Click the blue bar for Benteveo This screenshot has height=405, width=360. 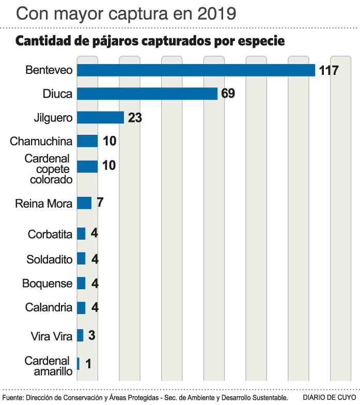pos(196,70)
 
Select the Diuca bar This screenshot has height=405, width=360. pos(147,94)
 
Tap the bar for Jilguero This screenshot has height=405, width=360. pos(100,117)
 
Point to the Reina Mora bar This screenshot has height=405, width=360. pos(84,203)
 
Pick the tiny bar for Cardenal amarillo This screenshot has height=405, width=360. pos(78,364)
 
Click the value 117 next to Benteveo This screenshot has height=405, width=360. pos(328,71)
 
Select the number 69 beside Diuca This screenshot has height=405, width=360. pos(228,94)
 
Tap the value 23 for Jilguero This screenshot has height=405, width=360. pos(135,118)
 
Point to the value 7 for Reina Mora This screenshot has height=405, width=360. pos(100,202)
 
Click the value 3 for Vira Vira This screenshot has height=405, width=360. pos(91,335)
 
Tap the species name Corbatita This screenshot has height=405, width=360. pos(50,234)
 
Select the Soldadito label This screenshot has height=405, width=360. pos(49,259)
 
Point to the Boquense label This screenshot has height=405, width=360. pos(47,284)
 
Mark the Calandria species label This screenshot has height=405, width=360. pos(49,308)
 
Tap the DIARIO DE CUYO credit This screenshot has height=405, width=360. pos(330,397)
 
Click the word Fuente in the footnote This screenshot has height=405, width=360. pos(12,397)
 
